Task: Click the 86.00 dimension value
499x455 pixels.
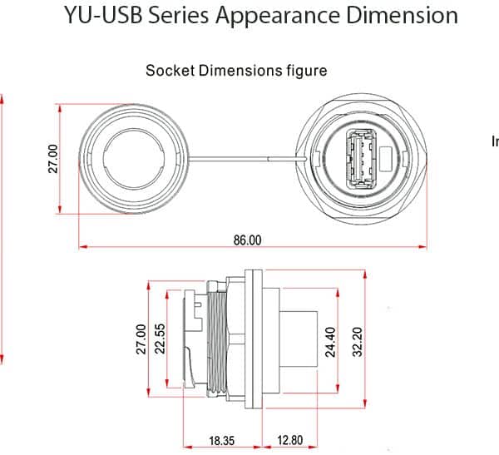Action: [247, 240]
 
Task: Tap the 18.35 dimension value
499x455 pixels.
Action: [221, 441]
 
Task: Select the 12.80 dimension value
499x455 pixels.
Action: [290, 440]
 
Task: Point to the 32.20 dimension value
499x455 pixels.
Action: [358, 342]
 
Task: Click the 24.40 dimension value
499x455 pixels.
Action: [331, 342]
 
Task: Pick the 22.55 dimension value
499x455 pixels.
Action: [160, 339]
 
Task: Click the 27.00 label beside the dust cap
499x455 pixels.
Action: [53, 159]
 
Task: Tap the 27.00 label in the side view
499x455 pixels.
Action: [141, 339]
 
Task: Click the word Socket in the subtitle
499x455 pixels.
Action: [170, 71]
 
